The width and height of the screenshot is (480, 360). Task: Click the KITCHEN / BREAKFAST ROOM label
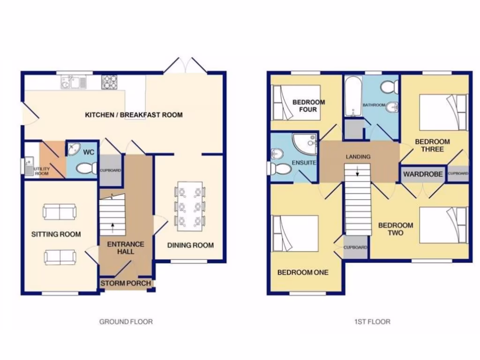tap(134, 115)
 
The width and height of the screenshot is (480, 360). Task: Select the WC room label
tap(89, 152)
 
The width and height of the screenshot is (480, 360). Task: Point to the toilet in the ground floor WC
tap(86, 168)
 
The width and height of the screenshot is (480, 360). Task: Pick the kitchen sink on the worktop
tap(73, 83)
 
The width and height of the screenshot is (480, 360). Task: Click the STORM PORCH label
tap(126, 283)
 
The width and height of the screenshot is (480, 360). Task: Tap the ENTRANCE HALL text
tap(126, 248)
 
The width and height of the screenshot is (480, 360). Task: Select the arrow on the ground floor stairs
tap(112, 227)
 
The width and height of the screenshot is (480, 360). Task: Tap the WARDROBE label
tap(423, 174)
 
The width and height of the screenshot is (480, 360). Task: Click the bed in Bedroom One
tap(296, 234)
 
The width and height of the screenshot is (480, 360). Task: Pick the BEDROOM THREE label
tap(432, 145)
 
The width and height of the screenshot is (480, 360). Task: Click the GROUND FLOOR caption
tap(126, 322)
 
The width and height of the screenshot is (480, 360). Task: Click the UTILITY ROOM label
tap(41, 170)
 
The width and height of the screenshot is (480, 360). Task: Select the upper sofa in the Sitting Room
tap(60, 212)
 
